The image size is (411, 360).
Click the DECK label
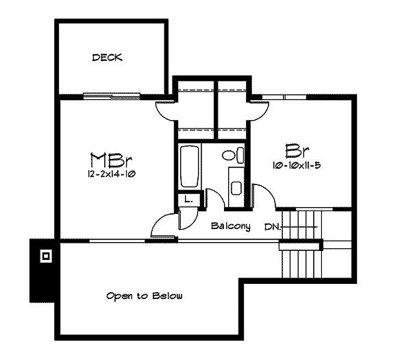(x=108, y=58)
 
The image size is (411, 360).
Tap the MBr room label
(x=111, y=160)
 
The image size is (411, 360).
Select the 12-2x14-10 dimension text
(x=112, y=174)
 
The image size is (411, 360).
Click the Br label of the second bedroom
(x=297, y=150)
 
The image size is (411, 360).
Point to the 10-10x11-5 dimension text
(x=297, y=165)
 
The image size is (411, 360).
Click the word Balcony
(x=231, y=226)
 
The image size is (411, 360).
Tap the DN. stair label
(x=273, y=227)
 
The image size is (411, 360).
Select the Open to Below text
(x=144, y=296)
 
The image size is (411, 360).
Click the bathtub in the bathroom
(x=189, y=167)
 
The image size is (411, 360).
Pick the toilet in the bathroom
(x=233, y=155)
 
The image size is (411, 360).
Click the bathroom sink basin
(x=236, y=188)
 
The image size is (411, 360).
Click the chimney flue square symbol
(x=46, y=256)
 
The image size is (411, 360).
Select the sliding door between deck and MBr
(x=112, y=96)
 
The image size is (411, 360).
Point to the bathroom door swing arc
(x=216, y=199)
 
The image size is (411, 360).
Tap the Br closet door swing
(x=258, y=112)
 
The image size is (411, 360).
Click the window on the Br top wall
(x=284, y=97)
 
